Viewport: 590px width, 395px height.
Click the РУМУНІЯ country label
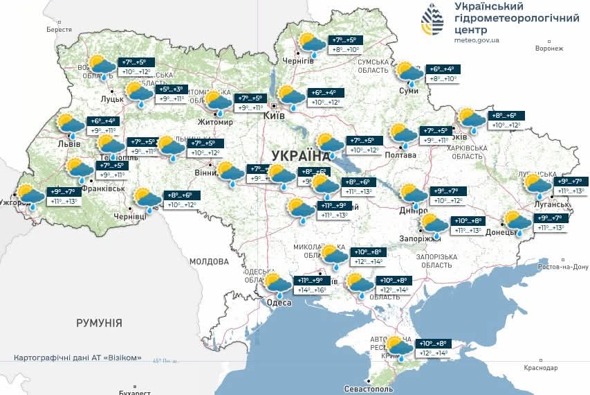pos(99,323)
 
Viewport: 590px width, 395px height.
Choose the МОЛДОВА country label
pos(208,262)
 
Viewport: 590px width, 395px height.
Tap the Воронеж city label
pos(549,49)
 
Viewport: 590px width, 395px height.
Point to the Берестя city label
pos(59,30)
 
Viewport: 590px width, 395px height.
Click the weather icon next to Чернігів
pos(312,44)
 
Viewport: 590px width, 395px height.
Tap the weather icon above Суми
pos(409,72)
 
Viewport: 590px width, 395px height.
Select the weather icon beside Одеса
pos(277,284)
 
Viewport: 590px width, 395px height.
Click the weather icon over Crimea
pos(398,347)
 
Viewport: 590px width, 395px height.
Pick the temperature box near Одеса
pos(311,285)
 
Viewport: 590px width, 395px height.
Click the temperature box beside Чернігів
pos(346,45)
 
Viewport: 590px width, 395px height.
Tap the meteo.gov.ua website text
pos(476,41)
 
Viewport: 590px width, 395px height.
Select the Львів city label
pos(68,144)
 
